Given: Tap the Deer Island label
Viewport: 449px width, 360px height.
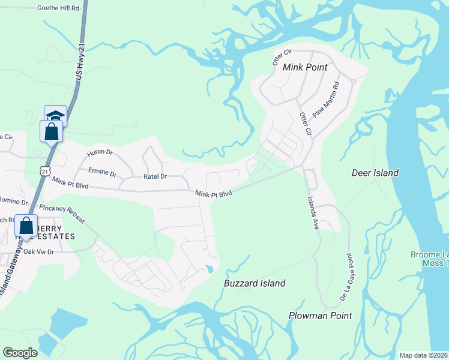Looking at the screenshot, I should click(x=375, y=173).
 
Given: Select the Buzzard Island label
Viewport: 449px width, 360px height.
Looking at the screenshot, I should click(x=255, y=283).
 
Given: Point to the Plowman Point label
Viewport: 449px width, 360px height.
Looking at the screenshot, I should click(x=320, y=316).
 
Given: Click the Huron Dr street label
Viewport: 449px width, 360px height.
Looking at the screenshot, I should click(x=100, y=153).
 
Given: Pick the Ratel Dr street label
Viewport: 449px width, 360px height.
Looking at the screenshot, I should click(x=155, y=177).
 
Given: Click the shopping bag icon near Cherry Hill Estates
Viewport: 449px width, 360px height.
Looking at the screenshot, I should click(x=26, y=226).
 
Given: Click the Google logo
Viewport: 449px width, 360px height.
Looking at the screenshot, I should click(x=20, y=353).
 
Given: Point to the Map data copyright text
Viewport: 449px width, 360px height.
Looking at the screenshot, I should click(x=424, y=355).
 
